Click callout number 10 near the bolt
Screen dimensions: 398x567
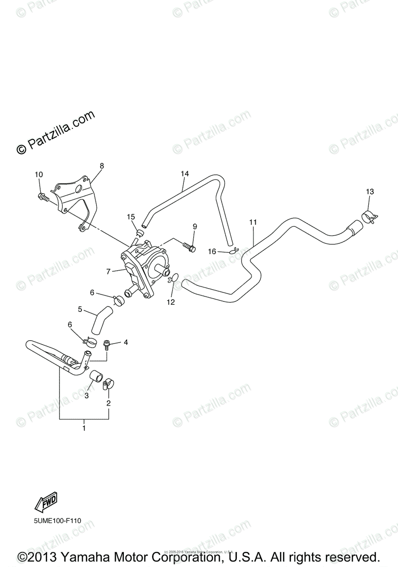point(39,174)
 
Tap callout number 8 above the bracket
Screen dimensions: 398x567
point(102,166)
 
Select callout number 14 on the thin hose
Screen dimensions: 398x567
point(185,174)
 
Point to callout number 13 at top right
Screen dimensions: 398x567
point(369,192)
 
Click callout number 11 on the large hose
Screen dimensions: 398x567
point(253,222)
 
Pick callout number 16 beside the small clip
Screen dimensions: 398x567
point(213,252)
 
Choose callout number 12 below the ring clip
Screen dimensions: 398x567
point(171,302)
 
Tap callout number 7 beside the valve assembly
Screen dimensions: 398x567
point(108,271)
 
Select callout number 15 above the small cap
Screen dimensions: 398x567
point(131,216)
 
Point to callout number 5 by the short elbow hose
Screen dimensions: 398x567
point(80,310)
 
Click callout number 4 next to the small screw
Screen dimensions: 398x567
point(126,342)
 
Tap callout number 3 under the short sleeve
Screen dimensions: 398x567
point(87,395)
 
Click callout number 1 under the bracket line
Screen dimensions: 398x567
point(84,428)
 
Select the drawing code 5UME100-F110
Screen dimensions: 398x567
point(57,534)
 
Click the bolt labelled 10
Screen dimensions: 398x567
point(43,198)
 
